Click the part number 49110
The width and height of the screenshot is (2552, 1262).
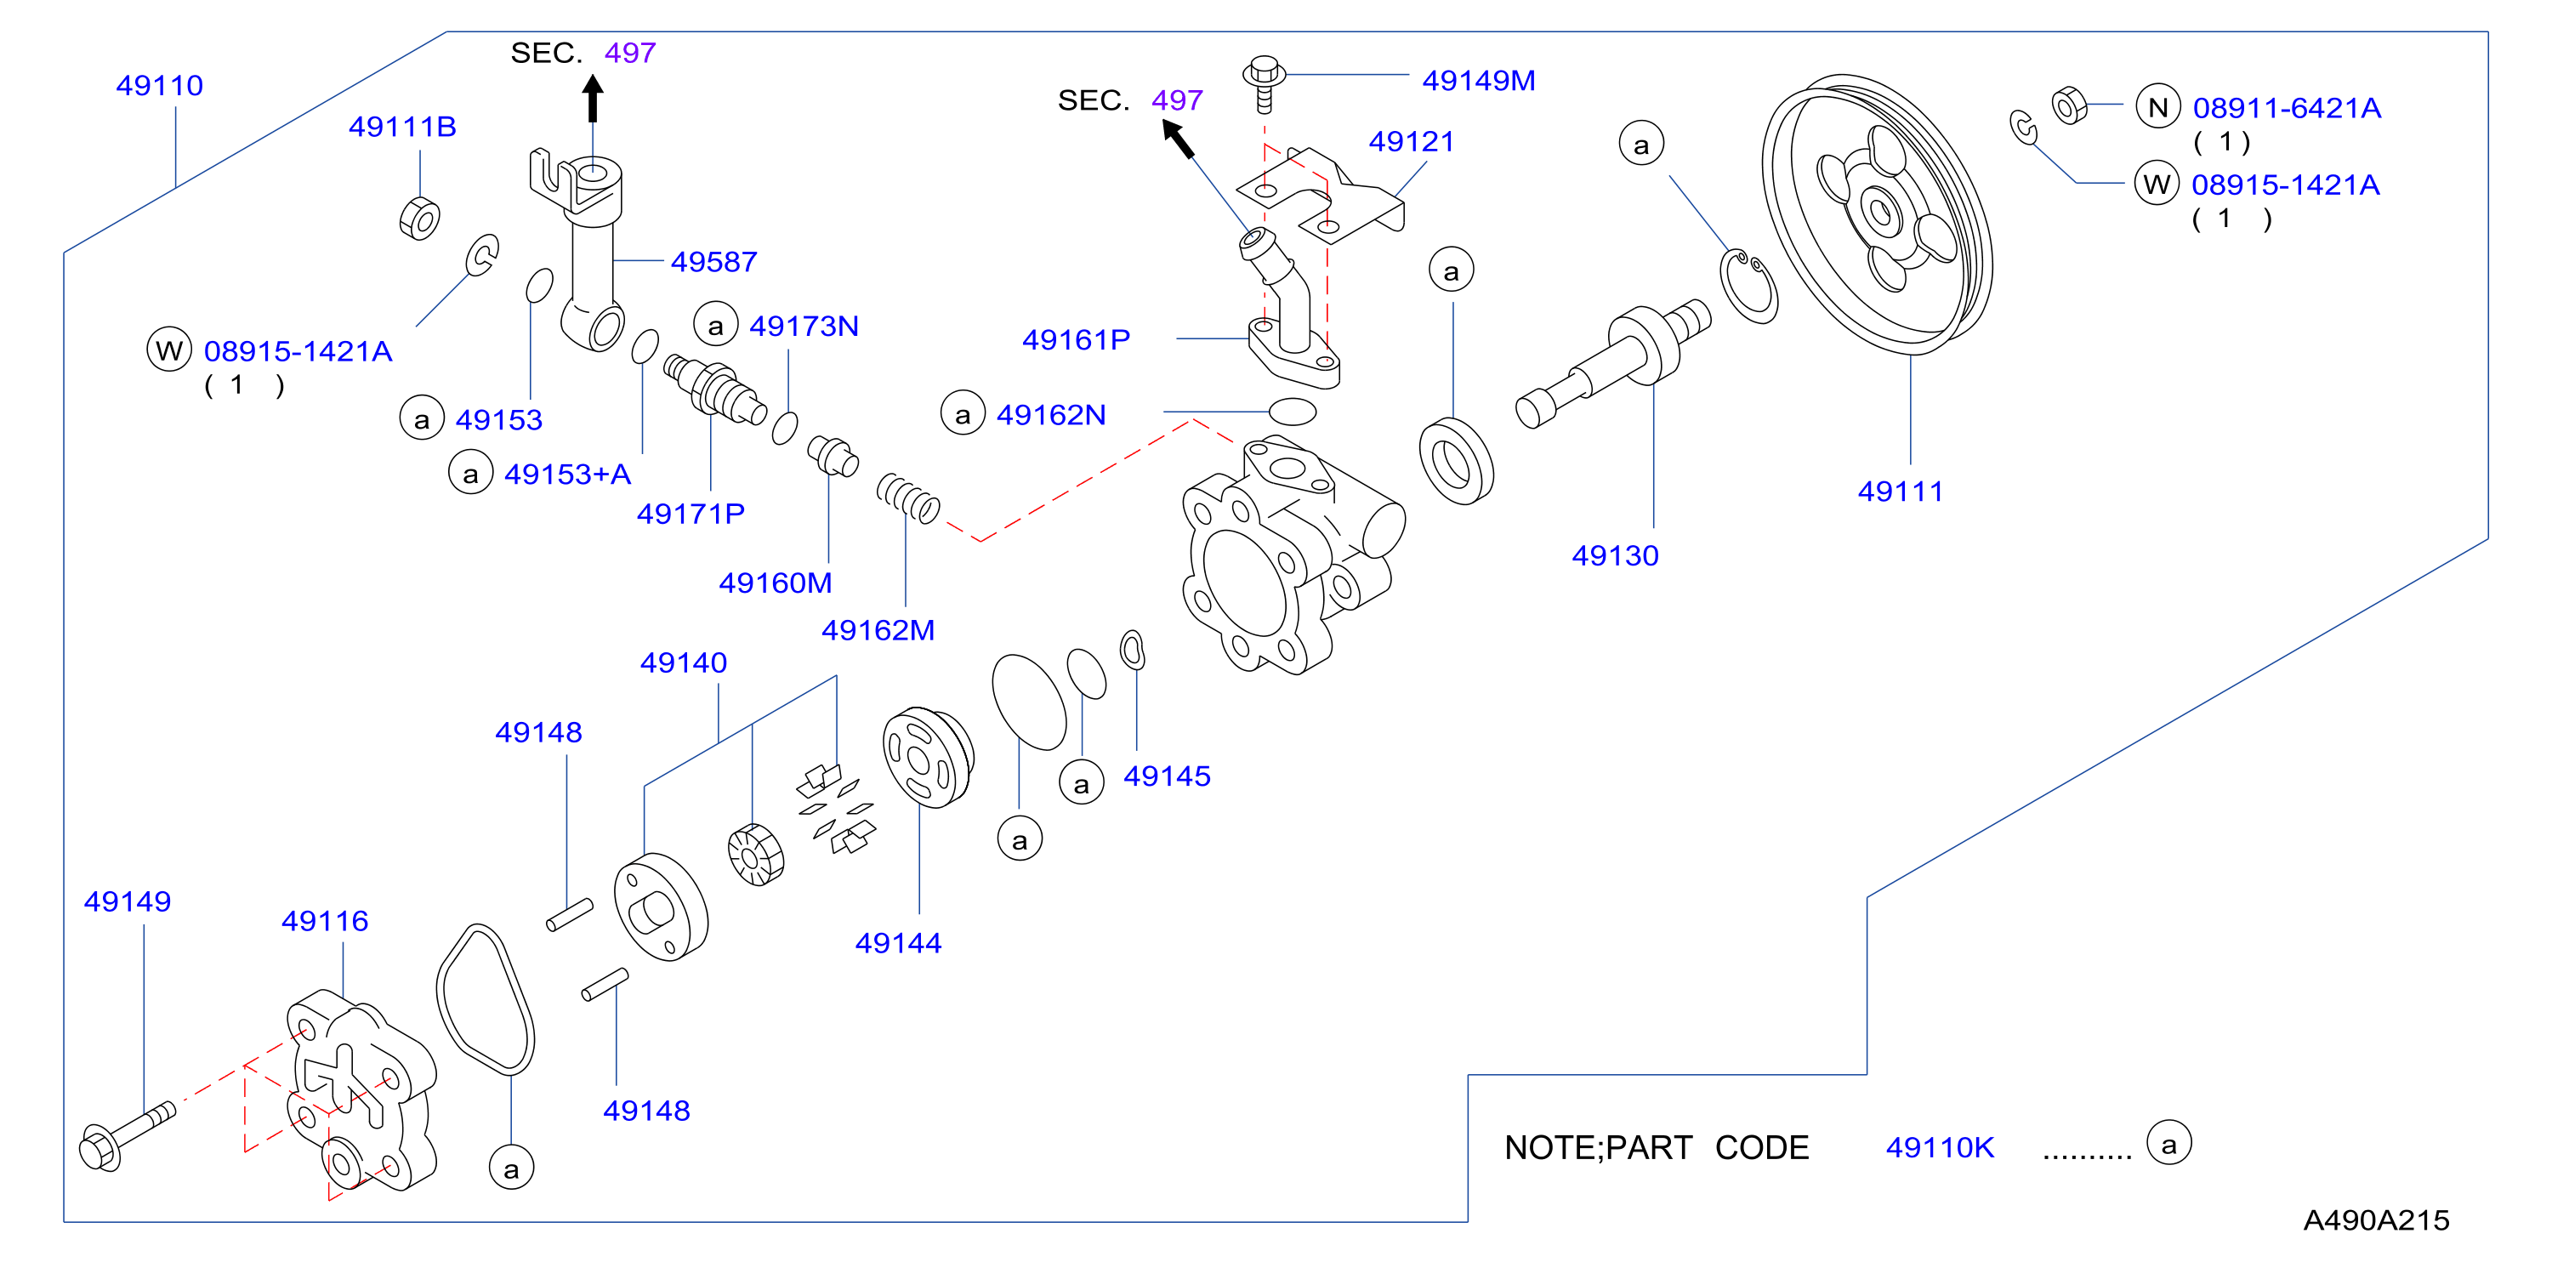(160, 86)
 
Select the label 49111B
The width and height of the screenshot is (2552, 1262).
(402, 127)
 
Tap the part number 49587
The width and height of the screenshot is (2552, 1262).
(713, 262)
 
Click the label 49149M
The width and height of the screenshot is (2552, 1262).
(1478, 80)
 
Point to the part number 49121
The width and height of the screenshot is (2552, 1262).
(1411, 142)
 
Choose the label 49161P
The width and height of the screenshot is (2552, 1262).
(1076, 340)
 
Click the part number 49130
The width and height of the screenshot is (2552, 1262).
(1615, 555)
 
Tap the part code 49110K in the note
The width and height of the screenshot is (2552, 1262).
(1940, 1147)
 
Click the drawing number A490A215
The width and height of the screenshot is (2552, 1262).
(2376, 1220)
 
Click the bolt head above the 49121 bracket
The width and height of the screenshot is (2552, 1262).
(1265, 71)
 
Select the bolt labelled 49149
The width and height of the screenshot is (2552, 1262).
(127, 1136)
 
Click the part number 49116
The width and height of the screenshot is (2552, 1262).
(324, 921)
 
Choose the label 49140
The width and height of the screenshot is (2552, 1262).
(684, 662)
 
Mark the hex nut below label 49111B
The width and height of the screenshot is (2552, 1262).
(420, 218)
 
